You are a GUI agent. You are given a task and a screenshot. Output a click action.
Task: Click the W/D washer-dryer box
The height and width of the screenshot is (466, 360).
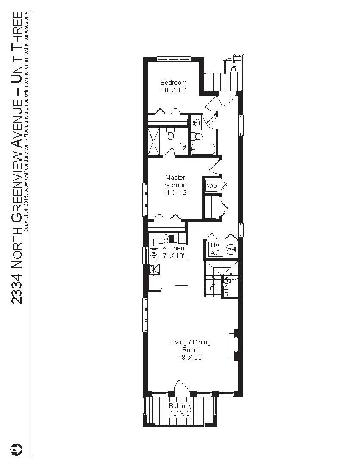pyautogui.click(x=211, y=186)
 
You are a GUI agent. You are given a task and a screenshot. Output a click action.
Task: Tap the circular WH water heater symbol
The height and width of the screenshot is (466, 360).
pyautogui.click(x=230, y=250)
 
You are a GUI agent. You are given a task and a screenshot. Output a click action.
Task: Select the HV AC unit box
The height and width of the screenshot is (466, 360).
pyautogui.click(x=215, y=249)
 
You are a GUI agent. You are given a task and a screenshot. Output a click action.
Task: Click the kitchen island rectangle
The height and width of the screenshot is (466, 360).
pyautogui.click(x=181, y=272)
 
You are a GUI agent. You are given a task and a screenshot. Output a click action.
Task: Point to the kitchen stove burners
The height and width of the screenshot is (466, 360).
pyautogui.click(x=171, y=238)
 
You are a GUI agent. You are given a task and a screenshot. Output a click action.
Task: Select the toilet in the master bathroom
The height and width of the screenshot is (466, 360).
pyautogui.click(x=170, y=135)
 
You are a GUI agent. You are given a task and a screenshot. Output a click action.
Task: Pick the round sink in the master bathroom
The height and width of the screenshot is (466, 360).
pyautogui.click(x=183, y=147)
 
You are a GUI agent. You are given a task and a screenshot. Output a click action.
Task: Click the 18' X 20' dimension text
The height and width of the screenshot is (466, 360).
pyautogui.click(x=190, y=358)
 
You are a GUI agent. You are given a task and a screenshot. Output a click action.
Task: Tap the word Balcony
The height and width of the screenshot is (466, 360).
pyautogui.click(x=180, y=406)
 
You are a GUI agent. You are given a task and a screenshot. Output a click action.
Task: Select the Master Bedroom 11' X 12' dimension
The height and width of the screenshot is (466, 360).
pyautogui.click(x=176, y=192)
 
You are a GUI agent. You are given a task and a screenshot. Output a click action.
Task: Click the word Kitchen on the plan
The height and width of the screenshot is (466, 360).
pyautogui.click(x=173, y=248)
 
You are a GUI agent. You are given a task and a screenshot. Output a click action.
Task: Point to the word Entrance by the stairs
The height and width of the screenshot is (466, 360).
pyautogui.click(x=226, y=286)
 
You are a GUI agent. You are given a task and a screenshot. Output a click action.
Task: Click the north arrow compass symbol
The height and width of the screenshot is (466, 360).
pyautogui.click(x=16, y=449)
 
